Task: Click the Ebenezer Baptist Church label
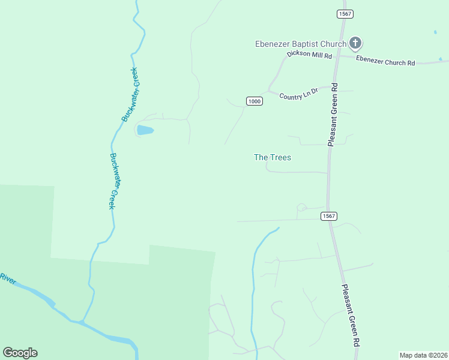click(x=301, y=44)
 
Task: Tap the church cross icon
click(x=355, y=43)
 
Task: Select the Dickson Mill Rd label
click(x=309, y=55)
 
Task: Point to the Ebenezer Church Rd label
click(x=385, y=61)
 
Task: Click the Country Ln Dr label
click(x=298, y=95)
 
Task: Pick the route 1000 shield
click(x=254, y=101)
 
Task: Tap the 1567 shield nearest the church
click(x=345, y=14)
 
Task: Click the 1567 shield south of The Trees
click(x=328, y=216)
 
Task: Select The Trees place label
click(x=273, y=157)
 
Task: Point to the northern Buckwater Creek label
click(x=130, y=94)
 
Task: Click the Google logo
click(x=20, y=353)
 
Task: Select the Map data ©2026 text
click(x=423, y=355)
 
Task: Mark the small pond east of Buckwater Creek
click(x=145, y=130)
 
